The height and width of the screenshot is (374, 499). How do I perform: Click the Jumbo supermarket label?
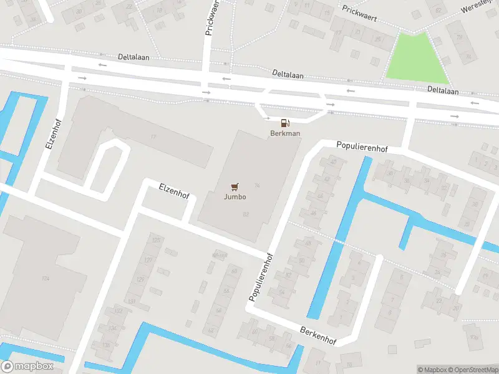click(x=235, y=197)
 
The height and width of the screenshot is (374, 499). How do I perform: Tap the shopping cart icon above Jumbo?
click(x=235, y=186)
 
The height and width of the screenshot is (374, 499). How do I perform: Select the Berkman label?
click(x=284, y=133)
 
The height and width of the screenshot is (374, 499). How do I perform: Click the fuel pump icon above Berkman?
click(x=285, y=123)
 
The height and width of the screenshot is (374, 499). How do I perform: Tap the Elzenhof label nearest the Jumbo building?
click(x=174, y=189)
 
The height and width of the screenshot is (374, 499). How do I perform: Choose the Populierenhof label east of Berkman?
click(x=362, y=148)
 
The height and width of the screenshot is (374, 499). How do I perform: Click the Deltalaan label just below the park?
click(x=443, y=90)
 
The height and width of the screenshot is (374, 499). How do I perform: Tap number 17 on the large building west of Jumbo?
click(x=153, y=136)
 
